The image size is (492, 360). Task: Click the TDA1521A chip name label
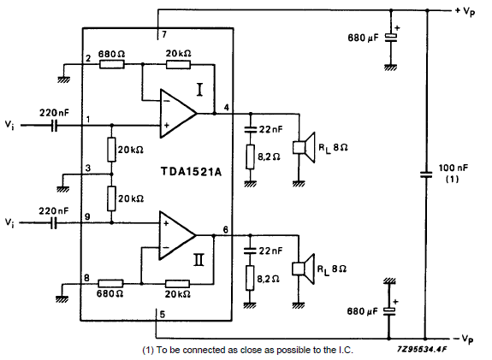191,172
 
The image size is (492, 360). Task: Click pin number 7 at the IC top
164,34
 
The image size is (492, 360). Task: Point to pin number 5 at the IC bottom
163,314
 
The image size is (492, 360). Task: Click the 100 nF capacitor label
453,173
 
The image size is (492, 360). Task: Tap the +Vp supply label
465,12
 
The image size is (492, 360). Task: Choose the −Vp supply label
464,339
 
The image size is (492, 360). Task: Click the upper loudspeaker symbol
304,147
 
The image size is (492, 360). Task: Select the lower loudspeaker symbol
303,269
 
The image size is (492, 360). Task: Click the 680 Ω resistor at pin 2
112,65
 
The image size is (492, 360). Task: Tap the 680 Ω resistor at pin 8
110,284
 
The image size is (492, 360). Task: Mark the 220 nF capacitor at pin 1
54,126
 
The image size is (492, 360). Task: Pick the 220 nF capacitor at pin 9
54,223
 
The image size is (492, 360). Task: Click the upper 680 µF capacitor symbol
391,38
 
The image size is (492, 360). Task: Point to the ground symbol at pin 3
63,189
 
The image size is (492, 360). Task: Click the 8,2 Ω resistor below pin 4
250,156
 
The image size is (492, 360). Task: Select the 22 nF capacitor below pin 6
250,251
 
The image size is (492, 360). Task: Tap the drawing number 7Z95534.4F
421,350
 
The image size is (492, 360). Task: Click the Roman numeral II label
199,260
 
